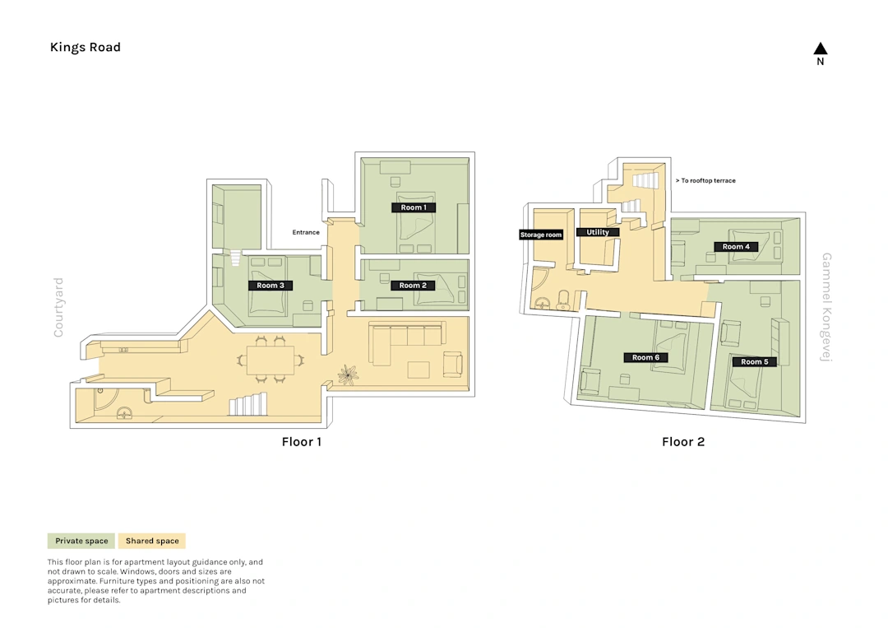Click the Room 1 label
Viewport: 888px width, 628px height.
click(414, 207)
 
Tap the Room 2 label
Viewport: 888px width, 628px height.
click(413, 285)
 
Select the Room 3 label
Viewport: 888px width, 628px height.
click(271, 285)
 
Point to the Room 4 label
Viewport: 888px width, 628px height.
click(736, 247)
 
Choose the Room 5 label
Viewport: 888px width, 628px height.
click(754, 361)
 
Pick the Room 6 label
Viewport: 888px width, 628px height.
click(645, 357)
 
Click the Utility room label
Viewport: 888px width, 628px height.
click(598, 232)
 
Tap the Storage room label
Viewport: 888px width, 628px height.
click(541, 235)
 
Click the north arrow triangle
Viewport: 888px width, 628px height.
click(820, 49)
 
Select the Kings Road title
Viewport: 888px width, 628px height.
click(85, 47)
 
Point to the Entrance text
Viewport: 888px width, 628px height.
click(306, 232)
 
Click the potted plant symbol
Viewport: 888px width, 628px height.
click(348, 374)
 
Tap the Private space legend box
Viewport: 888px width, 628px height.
click(81, 541)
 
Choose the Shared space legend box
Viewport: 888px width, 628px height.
click(152, 541)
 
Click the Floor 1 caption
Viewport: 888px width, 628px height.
click(301, 442)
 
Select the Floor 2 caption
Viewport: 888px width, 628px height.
click(683, 442)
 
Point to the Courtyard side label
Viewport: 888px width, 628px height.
click(58, 307)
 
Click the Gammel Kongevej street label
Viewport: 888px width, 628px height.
click(826, 307)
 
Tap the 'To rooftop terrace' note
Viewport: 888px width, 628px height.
click(705, 180)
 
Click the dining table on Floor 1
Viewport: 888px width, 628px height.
click(271, 360)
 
